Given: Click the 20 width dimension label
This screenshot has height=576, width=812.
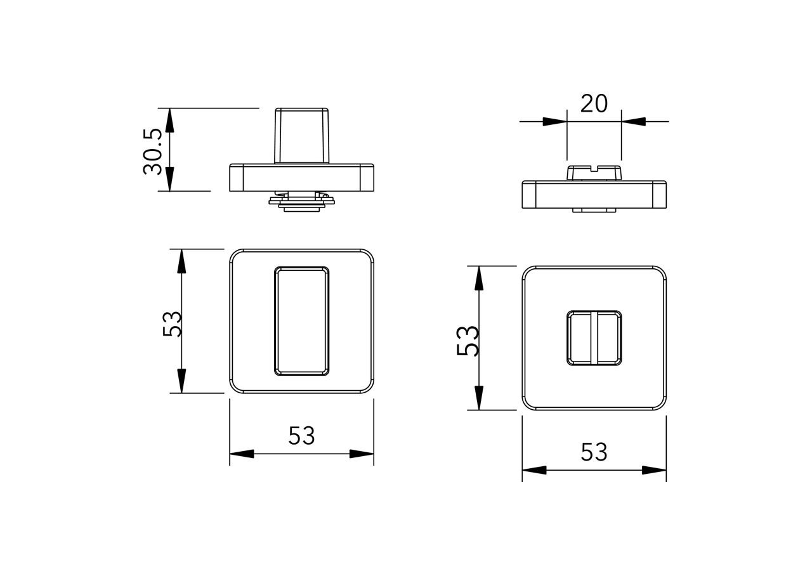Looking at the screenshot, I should (594, 103).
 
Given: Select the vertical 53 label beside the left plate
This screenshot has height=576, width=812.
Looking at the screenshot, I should (172, 323).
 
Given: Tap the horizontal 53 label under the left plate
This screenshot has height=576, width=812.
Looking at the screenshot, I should (301, 436).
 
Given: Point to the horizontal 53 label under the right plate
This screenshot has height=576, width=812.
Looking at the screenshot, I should (594, 452).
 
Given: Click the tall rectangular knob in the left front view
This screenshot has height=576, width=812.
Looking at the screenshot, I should (301, 321).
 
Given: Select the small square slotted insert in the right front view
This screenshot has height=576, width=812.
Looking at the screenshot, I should (594, 338).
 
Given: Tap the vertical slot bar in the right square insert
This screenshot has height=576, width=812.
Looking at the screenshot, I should (594, 338).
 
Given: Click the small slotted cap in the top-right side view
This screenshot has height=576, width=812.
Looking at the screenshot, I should (594, 173).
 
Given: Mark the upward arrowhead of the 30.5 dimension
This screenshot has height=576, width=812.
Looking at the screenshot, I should (169, 118).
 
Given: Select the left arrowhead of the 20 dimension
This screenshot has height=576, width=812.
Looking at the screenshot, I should (556, 121).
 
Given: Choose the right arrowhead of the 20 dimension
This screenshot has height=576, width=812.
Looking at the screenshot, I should (632, 121).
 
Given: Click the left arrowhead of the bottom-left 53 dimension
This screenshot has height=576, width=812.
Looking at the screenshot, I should (241, 454).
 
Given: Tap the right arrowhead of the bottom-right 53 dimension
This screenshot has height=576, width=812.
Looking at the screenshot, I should (655, 470).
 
